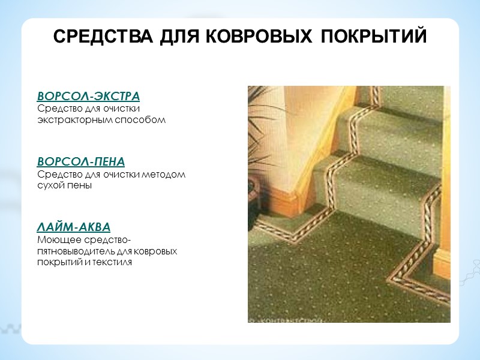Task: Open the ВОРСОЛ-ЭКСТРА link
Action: (x=88, y=97)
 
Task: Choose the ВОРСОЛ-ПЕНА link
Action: (x=81, y=162)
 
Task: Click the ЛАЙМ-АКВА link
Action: (x=74, y=228)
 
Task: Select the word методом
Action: (x=165, y=175)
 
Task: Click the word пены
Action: (x=80, y=186)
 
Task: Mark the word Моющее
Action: (x=55, y=240)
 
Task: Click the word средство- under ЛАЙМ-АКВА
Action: (x=103, y=240)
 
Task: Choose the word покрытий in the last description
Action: (x=57, y=262)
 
